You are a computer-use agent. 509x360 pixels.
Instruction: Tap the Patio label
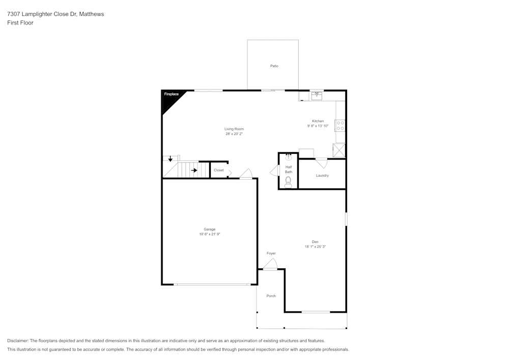(x=274, y=66)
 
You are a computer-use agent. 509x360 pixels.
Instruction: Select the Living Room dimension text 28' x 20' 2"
(x=234, y=134)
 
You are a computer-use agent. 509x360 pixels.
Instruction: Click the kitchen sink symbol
(x=316, y=94)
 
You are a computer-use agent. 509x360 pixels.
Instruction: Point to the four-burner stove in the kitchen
(x=340, y=125)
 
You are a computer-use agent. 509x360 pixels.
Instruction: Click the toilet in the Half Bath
(x=288, y=181)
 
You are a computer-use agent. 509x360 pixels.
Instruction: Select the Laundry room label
(x=322, y=176)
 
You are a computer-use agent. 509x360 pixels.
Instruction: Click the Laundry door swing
(x=321, y=163)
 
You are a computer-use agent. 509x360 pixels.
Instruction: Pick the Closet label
(x=218, y=170)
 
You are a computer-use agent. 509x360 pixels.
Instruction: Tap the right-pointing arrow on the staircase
(x=194, y=170)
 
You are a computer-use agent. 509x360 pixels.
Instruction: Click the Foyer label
(x=271, y=253)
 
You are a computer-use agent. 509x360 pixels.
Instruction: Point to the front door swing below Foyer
(x=270, y=265)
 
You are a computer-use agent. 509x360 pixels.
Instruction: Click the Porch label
(x=271, y=296)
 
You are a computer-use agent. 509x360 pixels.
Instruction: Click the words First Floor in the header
(x=20, y=23)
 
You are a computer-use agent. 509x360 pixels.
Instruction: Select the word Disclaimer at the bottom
(x=18, y=341)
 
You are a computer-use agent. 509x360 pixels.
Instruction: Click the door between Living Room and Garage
(x=246, y=174)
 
